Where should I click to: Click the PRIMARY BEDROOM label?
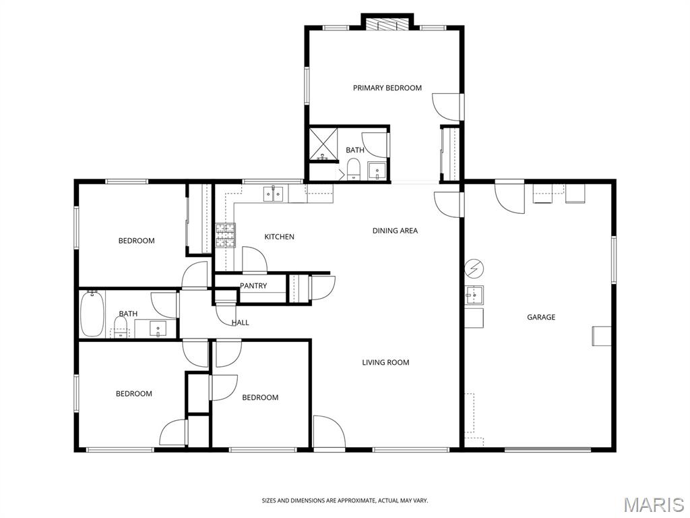(x=387, y=88)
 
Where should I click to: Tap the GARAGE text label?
(x=541, y=317)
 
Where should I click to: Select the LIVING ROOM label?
(x=385, y=362)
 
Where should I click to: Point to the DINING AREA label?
(x=395, y=231)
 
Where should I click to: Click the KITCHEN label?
(x=279, y=237)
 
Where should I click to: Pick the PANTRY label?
(x=253, y=285)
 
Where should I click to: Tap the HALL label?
(x=241, y=322)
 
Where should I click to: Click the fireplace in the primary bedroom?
(x=387, y=24)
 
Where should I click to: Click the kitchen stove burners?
(x=225, y=235)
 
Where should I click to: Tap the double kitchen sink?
(x=274, y=194)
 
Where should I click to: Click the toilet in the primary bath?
(x=354, y=169)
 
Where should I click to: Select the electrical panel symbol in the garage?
(x=474, y=268)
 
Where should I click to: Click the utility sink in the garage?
(x=474, y=295)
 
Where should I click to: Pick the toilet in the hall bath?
(x=120, y=328)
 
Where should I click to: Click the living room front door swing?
(x=329, y=432)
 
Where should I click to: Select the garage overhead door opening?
(x=547, y=449)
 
